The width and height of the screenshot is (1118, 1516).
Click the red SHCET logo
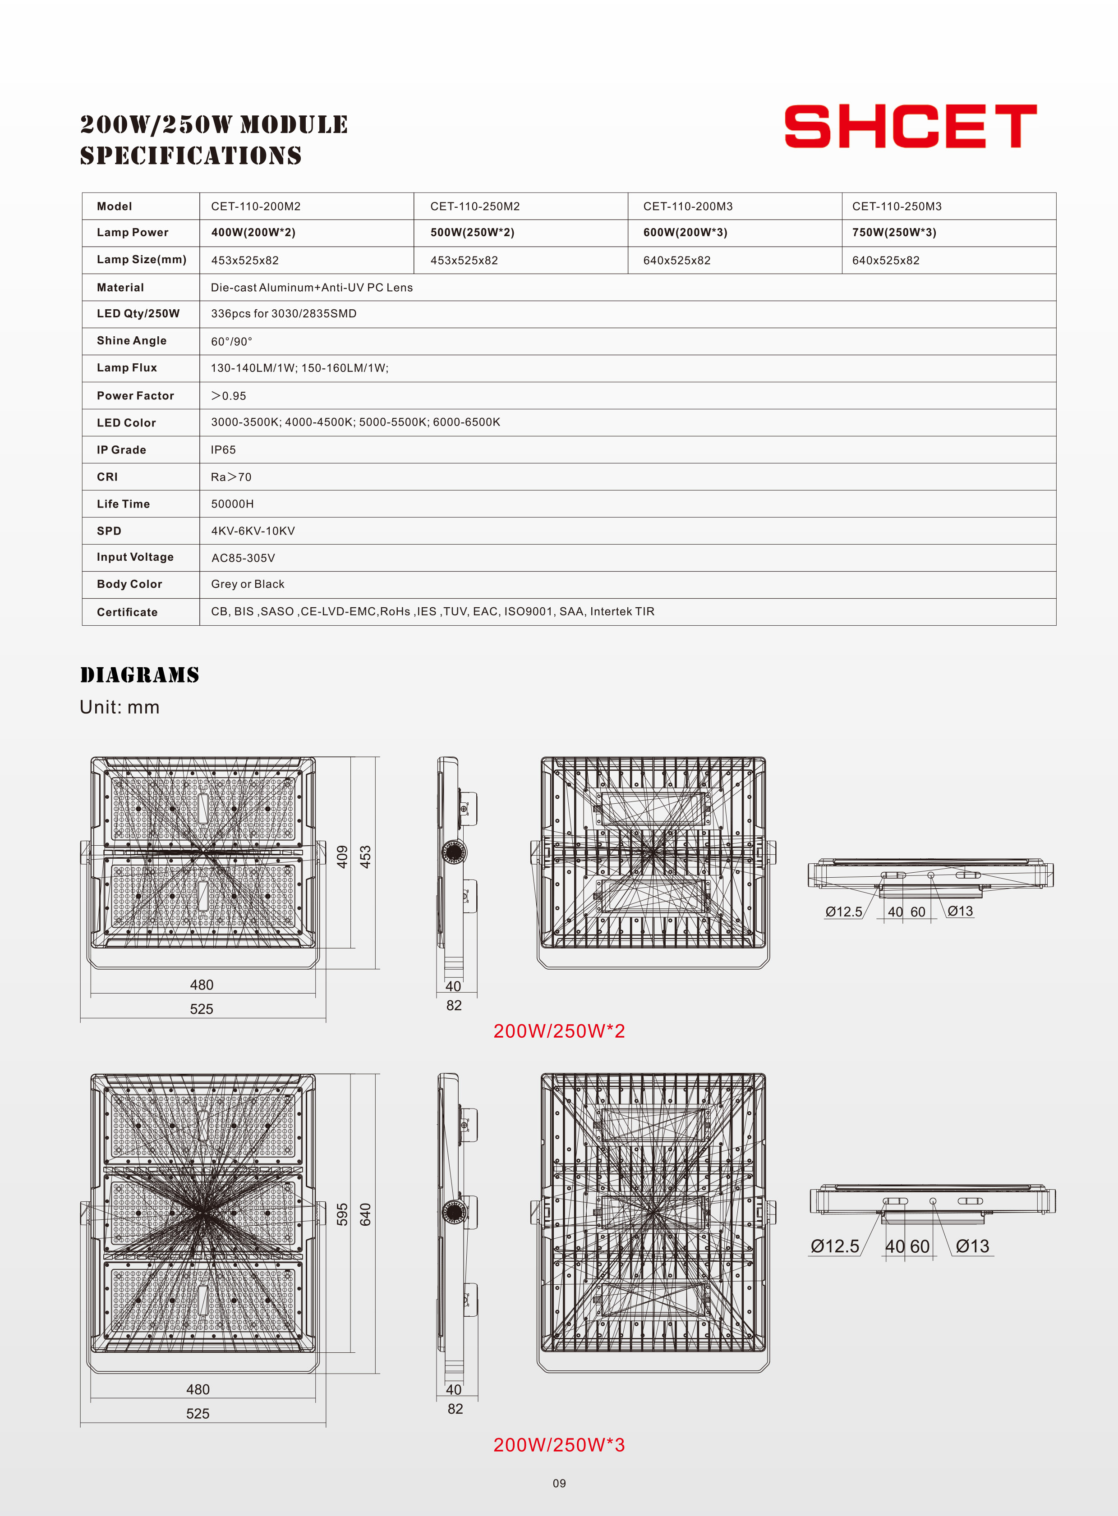[910, 127]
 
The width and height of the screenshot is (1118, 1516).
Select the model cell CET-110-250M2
[474, 206]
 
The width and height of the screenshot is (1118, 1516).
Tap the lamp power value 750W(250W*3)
[893, 233]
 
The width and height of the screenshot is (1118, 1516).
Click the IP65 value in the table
[223, 450]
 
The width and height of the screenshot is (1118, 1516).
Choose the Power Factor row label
[135, 396]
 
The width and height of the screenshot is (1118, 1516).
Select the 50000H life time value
[232, 504]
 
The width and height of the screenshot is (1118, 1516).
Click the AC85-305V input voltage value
[243, 558]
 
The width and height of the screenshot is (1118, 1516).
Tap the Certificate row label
[127, 612]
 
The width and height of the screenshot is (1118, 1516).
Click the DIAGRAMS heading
[139, 675]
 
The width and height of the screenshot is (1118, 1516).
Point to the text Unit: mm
[120, 708]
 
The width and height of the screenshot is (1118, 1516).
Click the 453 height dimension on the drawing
[365, 857]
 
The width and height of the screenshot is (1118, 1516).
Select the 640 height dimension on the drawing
[365, 1214]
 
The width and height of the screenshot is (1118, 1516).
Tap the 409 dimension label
[342, 857]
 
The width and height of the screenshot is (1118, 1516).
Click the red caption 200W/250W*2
[559, 1031]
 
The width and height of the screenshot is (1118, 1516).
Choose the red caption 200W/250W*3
[559, 1445]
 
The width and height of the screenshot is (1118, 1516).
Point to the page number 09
[559, 1484]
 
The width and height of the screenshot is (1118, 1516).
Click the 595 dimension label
[342, 1214]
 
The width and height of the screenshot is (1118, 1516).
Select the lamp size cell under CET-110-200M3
[677, 261]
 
